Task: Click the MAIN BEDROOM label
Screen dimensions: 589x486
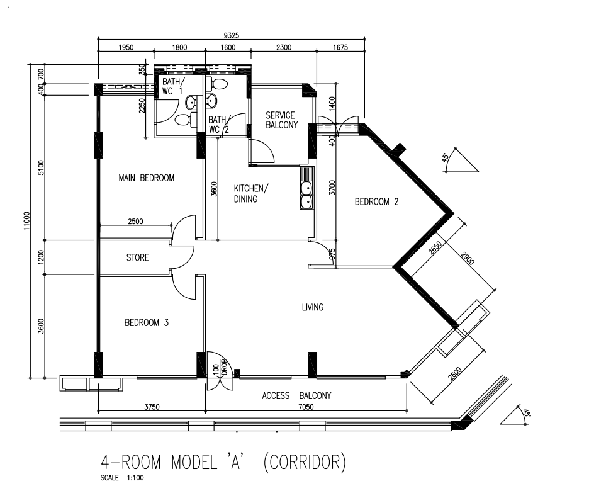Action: pos(146,178)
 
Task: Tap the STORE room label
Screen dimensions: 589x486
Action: pos(137,257)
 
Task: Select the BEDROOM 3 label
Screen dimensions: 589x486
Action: pos(147,322)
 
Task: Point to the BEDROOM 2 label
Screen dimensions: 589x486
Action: pos(376,202)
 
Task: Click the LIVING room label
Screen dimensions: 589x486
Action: pos(313,307)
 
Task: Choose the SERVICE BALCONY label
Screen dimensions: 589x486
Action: pos(281,120)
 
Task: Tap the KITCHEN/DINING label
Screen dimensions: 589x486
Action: pos(251,193)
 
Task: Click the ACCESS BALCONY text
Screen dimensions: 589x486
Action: pos(296,396)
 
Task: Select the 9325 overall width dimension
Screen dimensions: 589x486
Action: pos(232,36)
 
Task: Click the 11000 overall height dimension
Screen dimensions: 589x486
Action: pos(26,221)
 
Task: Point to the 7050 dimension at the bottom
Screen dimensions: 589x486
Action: pos(306,407)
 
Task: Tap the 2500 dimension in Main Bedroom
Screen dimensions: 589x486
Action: pos(135,222)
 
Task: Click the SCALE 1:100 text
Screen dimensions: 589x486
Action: pos(122,478)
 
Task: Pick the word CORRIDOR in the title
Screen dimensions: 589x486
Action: pos(304,462)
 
